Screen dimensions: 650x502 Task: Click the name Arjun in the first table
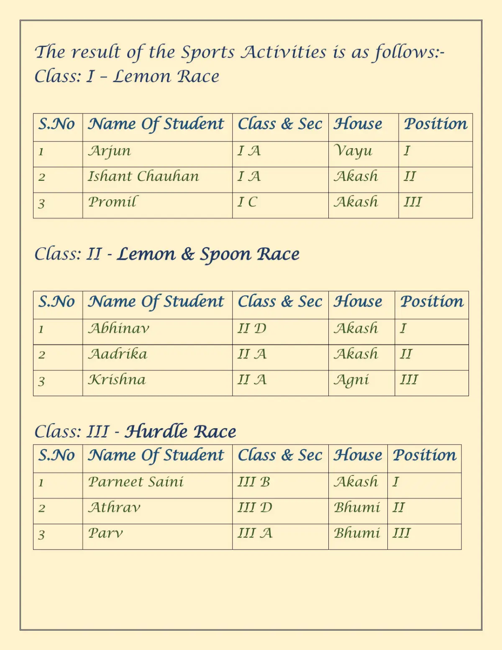pyautogui.click(x=110, y=151)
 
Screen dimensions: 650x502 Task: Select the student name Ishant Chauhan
pyautogui.click(x=143, y=177)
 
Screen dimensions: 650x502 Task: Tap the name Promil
pyautogui.click(x=112, y=202)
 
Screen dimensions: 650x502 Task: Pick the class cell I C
pyautogui.click(x=247, y=202)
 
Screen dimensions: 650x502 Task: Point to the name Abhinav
pyautogui.click(x=119, y=329)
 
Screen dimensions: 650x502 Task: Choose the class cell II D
pyautogui.click(x=252, y=329)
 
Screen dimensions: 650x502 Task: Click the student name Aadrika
pyautogui.click(x=118, y=355)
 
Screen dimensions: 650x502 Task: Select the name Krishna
pyautogui.click(x=117, y=380)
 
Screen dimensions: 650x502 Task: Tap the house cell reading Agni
pyautogui.click(x=351, y=380)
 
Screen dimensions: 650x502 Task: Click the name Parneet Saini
pyautogui.click(x=136, y=482)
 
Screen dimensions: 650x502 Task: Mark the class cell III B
pyautogui.click(x=254, y=482)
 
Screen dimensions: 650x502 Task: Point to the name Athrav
pyautogui.click(x=114, y=508)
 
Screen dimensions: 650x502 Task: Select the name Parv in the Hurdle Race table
pyautogui.click(x=105, y=533)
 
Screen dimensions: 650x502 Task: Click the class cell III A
pyautogui.click(x=255, y=533)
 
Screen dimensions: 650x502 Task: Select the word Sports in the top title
pyautogui.click(x=208, y=53)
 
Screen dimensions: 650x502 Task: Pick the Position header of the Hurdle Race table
pyautogui.click(x=425, y=455)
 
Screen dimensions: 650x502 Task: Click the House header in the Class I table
pyautogui.click(x=358, y=124)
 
